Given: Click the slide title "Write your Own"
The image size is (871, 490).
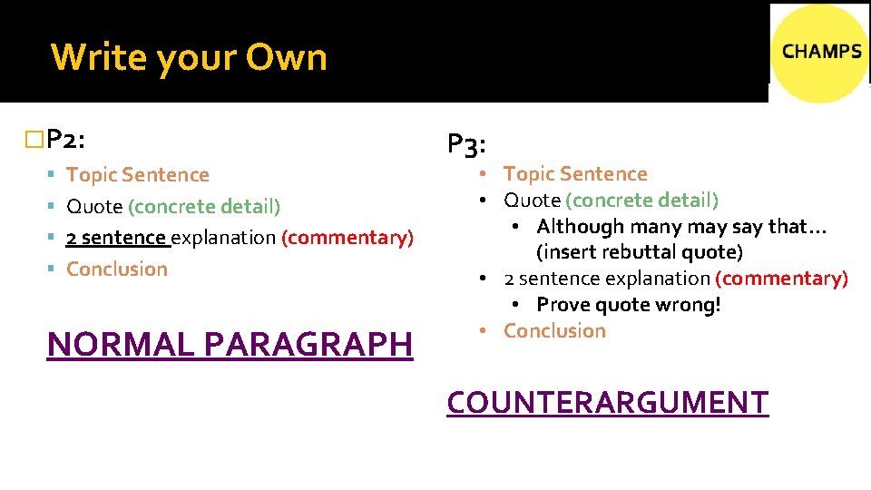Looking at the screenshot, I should pyautogui.click(x=189, y=57).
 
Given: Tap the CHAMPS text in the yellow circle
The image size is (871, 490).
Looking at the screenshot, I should pyautogui.click(x=821, y=52).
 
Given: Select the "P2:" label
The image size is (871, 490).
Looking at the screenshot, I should pyautogui.click(x=66, y=140).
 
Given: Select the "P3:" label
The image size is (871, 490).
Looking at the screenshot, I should pyautogui.click(x=468, y=144).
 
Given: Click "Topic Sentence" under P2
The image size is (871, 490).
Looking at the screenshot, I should pyautogui.click(x=138, y=175).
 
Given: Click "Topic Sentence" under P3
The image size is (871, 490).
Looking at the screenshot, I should pyautogui.click(x=575, y=174).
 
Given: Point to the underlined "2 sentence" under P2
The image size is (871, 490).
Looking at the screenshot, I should pyautogui.click(x=117, y=238).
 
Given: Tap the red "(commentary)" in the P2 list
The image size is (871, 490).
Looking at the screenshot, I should pyautogui.click(x=347, y=238).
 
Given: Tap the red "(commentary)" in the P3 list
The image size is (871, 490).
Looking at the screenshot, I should pyautogui.click(x=781, y=279).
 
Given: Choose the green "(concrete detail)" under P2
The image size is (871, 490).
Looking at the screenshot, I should pyautogui.click(x=204, y=207).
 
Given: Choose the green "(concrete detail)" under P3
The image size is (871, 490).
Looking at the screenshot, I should pyautogui.click(x=641, y=200).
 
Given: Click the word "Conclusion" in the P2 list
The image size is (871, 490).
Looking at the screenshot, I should pyautogui.click(x=117, y=269).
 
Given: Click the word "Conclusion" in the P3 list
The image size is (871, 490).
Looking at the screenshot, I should pyautogui.click(x=554, y=331).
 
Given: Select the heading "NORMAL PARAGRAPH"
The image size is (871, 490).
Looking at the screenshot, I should pyautogui.click(x=230, y=345).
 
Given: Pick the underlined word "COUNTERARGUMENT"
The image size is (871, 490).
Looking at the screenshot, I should pyautogui.click(x=607, y=402).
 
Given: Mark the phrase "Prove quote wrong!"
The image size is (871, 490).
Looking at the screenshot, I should pyautogui.click(x=629, y=305).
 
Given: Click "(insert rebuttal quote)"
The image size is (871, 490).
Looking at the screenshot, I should pyautogui.click(x=639, y=251).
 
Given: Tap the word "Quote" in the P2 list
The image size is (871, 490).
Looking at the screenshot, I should pyautogui.click(x=94, y=207).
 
